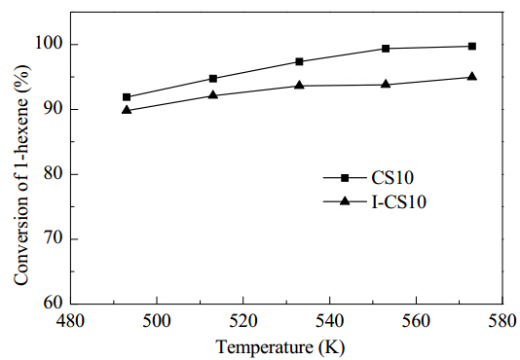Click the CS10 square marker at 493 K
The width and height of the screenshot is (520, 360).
[127, 97]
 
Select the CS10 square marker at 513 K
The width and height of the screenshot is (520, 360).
[213, 79]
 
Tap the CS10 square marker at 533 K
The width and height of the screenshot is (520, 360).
[300, 61]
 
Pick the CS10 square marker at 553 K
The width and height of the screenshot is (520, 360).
[386, 49]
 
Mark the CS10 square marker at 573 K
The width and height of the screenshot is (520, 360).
[472, 46]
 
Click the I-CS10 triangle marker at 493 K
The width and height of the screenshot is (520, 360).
[127, 109]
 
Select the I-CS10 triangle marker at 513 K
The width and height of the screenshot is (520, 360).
[213, 95]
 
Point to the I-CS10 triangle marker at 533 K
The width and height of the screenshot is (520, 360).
[300, 85]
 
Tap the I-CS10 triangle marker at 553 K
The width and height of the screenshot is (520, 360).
[386, 84]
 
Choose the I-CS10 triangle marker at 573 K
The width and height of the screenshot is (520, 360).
[472, 76]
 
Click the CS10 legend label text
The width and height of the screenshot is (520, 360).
[392, 178]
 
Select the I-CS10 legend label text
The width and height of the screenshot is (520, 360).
[398, 201]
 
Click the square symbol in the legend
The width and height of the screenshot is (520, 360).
[345, 178]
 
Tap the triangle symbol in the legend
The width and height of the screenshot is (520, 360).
[345, 200]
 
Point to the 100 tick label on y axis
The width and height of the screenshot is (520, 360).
[50, 45]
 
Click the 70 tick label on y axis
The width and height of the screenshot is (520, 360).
[55, 239]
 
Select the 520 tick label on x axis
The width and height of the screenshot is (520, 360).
[243, 321]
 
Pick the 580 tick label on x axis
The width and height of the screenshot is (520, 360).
[501, 321]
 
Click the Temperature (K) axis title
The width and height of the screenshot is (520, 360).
[280, 347]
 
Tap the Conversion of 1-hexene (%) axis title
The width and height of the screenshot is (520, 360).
[21, 175]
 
